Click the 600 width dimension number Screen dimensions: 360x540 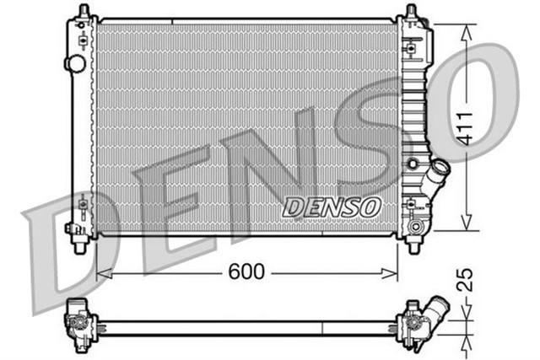click(x=246, y=271)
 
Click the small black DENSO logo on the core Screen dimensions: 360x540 click(x=332, y=206)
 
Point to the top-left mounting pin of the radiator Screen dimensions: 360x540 click(x=82, y=12)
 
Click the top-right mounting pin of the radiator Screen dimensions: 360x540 click(x=412, y=12)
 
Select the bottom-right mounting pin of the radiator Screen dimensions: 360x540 click(x=413, y=246)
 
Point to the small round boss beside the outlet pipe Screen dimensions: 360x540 click(x=413, y=163)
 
